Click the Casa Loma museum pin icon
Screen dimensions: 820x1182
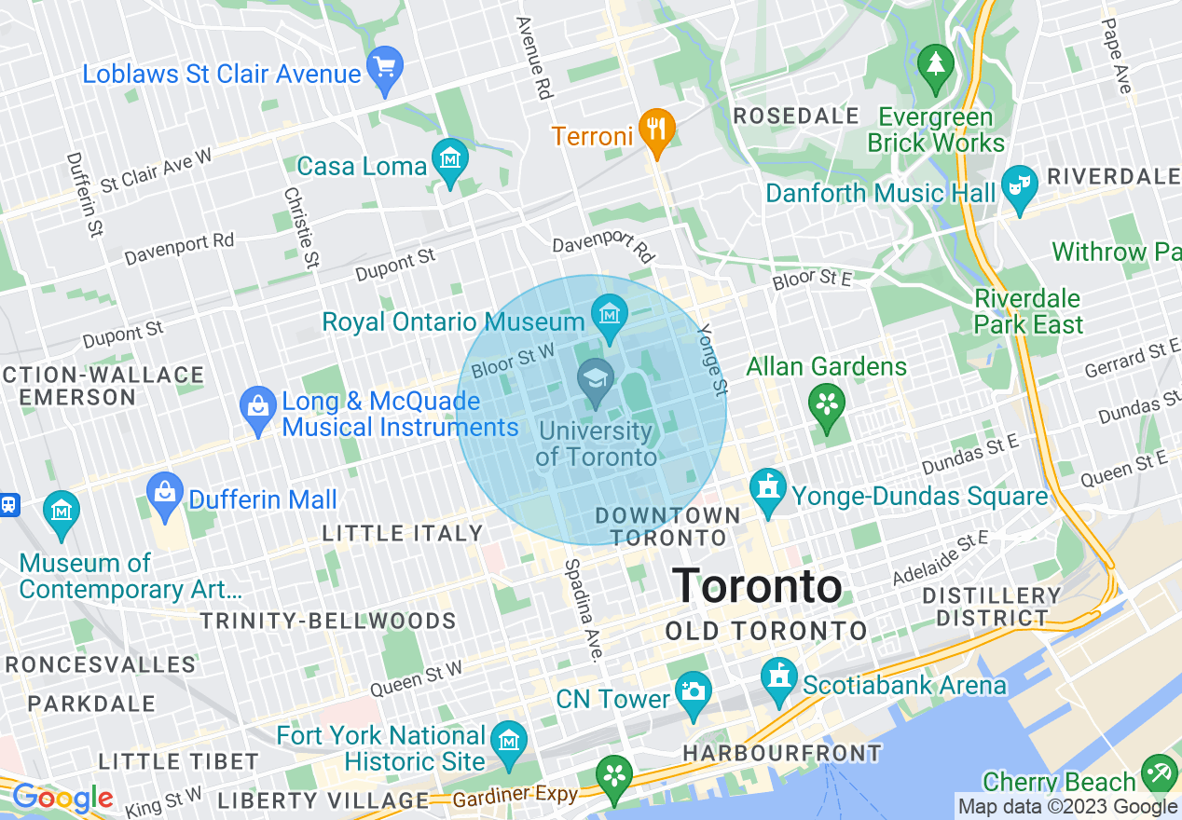[x=450, y=161]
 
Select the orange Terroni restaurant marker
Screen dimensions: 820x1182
[x=657, y=129]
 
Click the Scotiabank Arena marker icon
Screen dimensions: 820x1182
[x=779, y=679]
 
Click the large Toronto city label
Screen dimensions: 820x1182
[x=757, y=586]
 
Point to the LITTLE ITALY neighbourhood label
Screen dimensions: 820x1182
[x=402, y=534]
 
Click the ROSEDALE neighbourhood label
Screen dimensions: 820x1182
[x=796, y=116]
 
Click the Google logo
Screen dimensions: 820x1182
[x=62, y=798]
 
